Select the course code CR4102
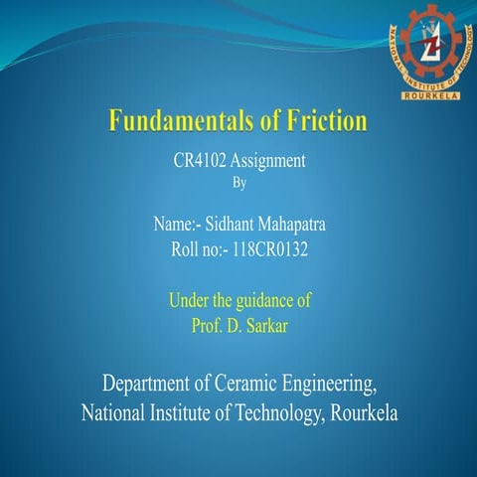tap(202, 162)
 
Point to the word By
tap(238, 183)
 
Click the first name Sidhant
tap(232, 226)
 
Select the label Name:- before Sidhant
tap(178, 226)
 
